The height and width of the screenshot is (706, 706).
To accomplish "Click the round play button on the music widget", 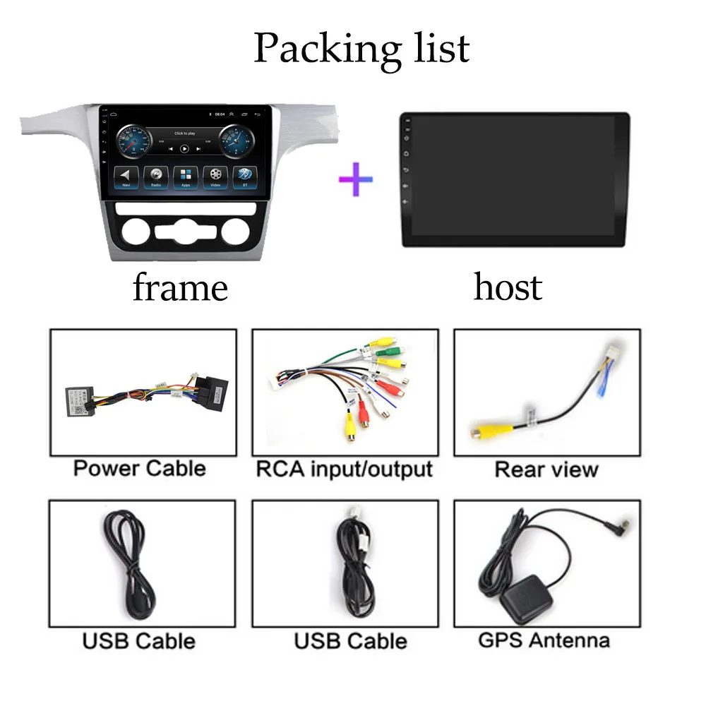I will point(184,149).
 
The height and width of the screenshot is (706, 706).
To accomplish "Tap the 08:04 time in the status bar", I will point(220,113).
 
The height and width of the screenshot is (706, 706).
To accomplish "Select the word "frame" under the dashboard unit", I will point(180,288).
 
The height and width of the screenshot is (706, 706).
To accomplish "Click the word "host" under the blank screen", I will point(508,287).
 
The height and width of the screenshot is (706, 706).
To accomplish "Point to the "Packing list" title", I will point(361,48).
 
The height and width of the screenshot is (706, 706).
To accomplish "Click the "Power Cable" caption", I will point(140,468).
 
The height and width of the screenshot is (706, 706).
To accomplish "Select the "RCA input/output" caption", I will point(344,469).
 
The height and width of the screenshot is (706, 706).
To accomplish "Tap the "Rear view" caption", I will point(546,469).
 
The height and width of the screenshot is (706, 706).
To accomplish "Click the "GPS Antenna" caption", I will point(544,640).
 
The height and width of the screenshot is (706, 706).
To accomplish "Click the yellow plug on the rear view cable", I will point(483,429).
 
